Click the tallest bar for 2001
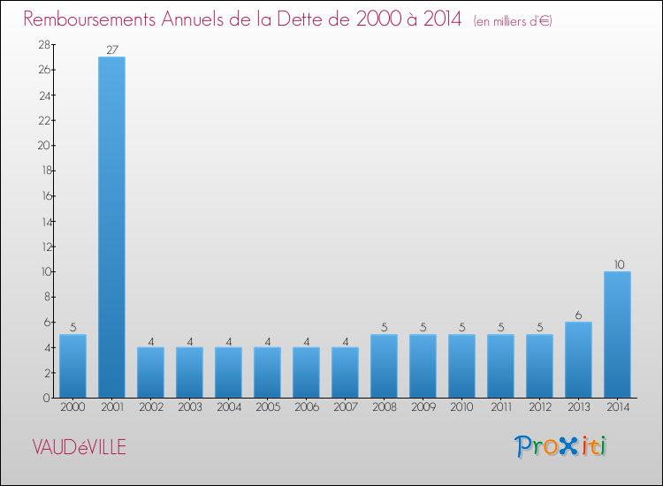pyautogui.click(x=111, y=227)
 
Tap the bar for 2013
pyautogui.click(x=578, y=360)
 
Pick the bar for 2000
pyautogui.click(x=72, y=366)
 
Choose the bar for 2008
pyautogui.click(x=384, y=366)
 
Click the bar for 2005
pyautogui.click(x=267, y=372)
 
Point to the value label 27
pyautogui.click(x=111, y=49)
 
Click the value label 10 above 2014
pyautogui.click(x=617, y=264)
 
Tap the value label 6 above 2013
pyautogui.click(x=578, y=315)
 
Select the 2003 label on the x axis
pyautogui.click(x=189, y=408)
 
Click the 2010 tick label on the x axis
pyautogui.click(x=461, y=408)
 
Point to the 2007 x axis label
pyautogui.click(x=345, y=408)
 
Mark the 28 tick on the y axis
pyautogui.click(x=42, y=44)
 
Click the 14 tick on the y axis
pyautogui.click(x=42, y=221)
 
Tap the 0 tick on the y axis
pyautogui.click(x=45, y=398)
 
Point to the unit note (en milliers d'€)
pyautogui.click(x=513, y=21)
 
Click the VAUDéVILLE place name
pyautogui.click(x=79, y=448)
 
